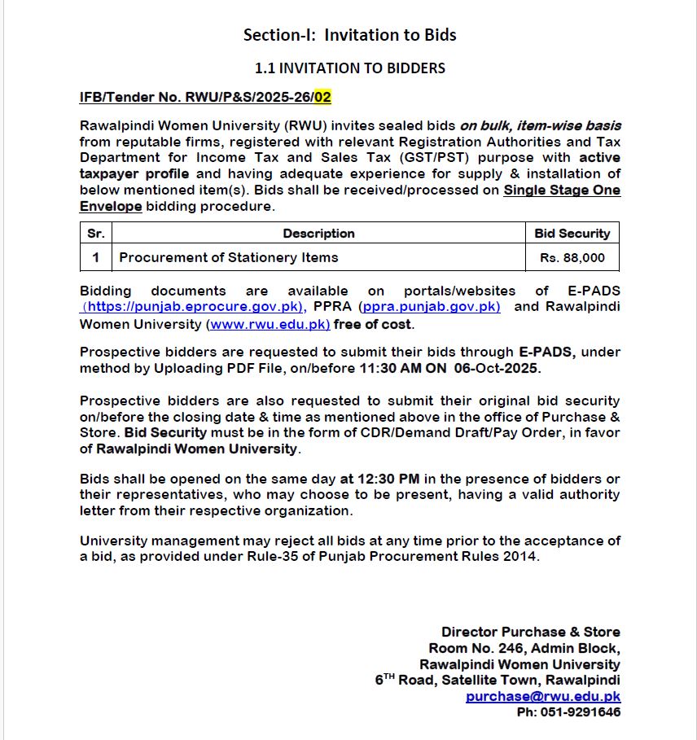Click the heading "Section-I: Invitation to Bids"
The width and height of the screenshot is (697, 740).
click(349, 35)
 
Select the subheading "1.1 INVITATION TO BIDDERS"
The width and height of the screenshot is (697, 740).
click(349, 68)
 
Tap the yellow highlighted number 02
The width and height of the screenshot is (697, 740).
click(322, 98)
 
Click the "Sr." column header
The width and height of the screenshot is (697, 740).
click(96, 234)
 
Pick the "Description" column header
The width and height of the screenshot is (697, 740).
click(318, 234)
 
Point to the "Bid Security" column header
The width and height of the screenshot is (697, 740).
click(572, 234)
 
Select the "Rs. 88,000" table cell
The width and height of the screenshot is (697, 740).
click(572, 258)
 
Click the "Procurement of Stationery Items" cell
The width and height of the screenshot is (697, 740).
click(229, 258)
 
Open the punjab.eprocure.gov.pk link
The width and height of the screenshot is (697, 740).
click(194, 307)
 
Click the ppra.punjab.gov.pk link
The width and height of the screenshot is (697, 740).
click(431, 307)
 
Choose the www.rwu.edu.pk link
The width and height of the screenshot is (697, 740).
click(269, 324)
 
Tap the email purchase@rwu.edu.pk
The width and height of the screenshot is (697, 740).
click(542, 697)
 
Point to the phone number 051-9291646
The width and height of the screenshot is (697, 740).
click(581, 712)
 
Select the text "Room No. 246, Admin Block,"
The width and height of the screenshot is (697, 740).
click(524, 649)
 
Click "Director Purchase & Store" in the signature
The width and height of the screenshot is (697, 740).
click(530, 633)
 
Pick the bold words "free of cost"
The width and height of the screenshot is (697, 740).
click(373, 324)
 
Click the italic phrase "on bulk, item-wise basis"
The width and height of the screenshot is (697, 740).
click(540, 125)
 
